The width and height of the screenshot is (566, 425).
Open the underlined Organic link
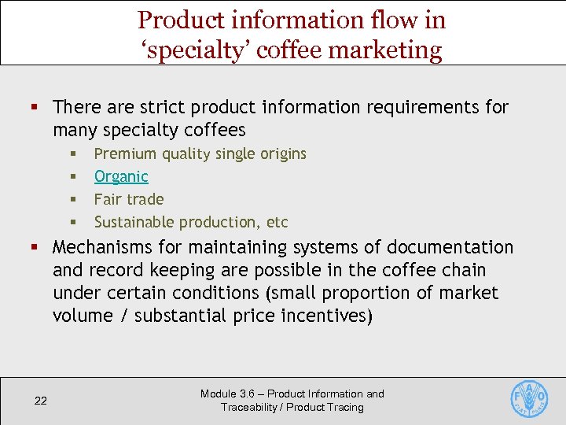[x=121, y=176]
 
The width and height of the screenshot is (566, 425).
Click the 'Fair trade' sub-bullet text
[x=129, y=199]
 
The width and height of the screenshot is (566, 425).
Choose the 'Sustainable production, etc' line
[x=191, y=222]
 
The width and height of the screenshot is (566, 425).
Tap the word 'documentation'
[x=451, y=248]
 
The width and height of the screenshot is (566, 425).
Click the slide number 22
[x=41, y=401]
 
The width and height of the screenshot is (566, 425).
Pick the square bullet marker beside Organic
[x=72, y=177]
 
